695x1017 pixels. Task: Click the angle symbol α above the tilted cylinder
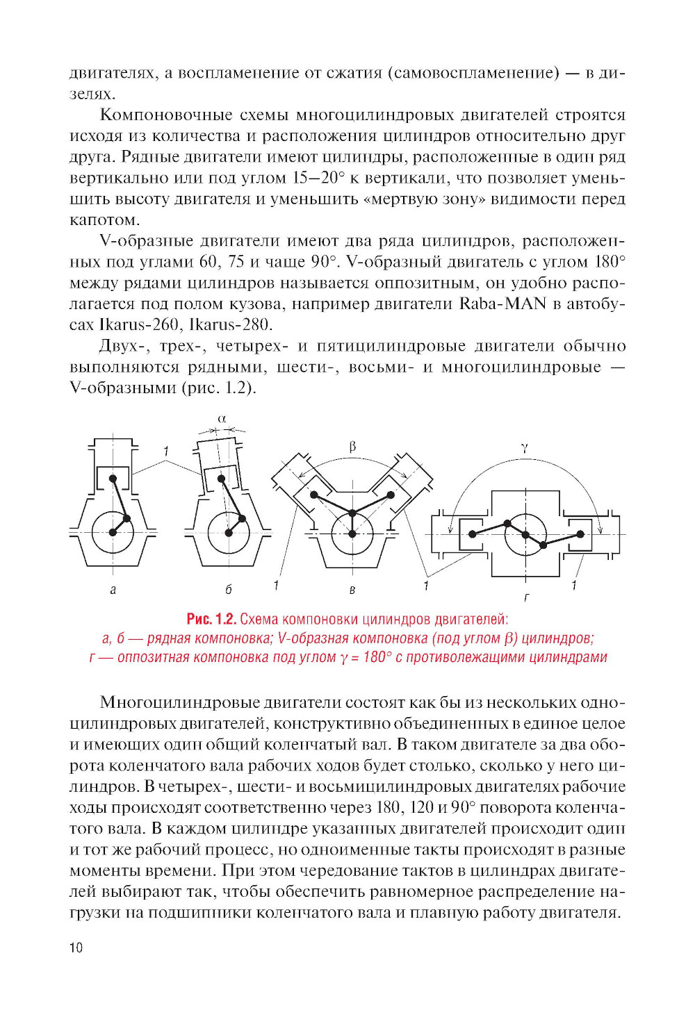[x=222, y=419]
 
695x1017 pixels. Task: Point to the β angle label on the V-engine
[x=352, y=446]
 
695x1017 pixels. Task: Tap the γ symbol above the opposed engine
[x=525, y=448]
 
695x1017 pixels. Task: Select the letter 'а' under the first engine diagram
[x=113, y=590]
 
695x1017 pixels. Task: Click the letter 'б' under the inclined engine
[x=229, y=590]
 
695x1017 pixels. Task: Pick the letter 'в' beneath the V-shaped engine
[x=352, y=590]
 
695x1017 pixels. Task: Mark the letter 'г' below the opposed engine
[x=526, y=597]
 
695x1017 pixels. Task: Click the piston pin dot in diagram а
[x=113, y=478]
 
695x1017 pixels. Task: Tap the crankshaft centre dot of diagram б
[x=228, y=533]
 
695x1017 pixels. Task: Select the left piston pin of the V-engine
[x=314, y=495]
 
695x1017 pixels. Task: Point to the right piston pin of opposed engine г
[x=580, y=534]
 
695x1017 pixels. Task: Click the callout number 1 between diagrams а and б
[x=166, y=452]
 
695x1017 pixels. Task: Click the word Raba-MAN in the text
[x=503, y=304]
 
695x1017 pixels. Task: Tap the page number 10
[x=76, y=948]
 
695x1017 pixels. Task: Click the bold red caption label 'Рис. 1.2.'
[x=211, y=619]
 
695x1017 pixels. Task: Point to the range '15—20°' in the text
[x=318, y=178]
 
